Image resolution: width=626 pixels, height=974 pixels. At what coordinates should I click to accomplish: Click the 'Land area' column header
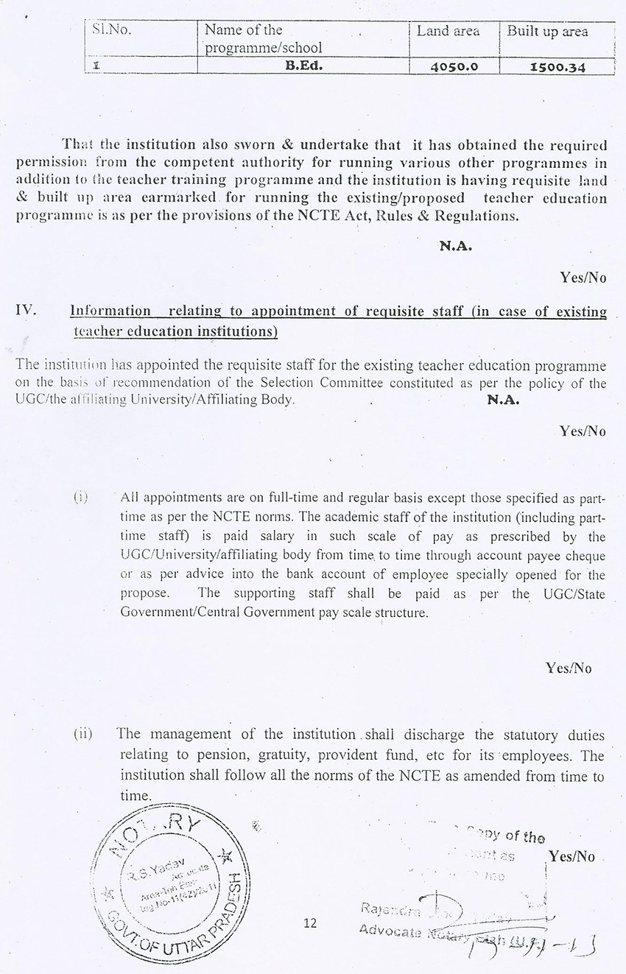pyautogui.click(x=448, y=31)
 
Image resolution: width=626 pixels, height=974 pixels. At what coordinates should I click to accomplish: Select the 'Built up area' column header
pyautogui.click(x=547, y=31)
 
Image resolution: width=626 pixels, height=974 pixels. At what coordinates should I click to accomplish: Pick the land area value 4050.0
pyautogui.click(x=454, y=66)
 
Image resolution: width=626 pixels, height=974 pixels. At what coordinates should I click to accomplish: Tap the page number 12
pyautogui.click(x=309, y=922)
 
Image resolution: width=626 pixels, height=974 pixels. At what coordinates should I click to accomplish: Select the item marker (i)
pyautogui.click(x=80, y=498)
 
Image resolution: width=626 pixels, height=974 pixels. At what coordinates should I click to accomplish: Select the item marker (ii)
pyautogui.click(x=82, y=734)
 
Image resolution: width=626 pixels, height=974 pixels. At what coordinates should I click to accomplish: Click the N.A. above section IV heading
pyautogui.click(x=456, y=247)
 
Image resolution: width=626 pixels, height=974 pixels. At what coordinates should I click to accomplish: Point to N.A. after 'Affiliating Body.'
pyautogui.click(x=503, y=400)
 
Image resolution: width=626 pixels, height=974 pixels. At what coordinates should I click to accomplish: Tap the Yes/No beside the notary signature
pyautogui.click(x=571, y=856)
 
